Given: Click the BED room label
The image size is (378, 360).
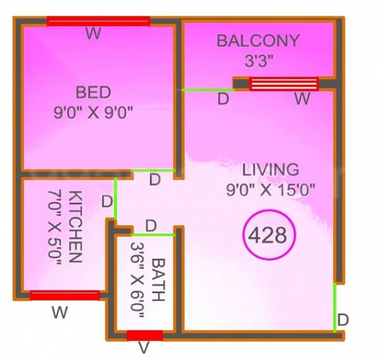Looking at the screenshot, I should point(93,93).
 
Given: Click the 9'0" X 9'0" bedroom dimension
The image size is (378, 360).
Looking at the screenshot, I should point(93,113).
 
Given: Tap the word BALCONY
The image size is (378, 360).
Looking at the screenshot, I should point(258,42).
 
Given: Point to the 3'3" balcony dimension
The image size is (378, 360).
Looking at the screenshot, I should point(258,62).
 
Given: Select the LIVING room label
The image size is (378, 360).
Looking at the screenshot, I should point(271,169).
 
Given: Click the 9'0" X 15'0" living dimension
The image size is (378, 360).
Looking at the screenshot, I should point(271,189).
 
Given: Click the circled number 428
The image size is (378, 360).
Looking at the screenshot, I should point(267,236).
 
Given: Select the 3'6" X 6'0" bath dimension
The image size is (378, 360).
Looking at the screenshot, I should point(138,281).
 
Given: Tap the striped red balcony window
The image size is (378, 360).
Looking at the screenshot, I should point(284,84).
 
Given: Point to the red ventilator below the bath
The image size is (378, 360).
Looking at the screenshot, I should point(145,335).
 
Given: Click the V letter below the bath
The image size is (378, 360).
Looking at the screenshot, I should point(144,348).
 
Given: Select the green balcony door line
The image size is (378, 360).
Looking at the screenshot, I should point(207,90).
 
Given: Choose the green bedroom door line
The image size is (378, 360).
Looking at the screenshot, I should point(153,171).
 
